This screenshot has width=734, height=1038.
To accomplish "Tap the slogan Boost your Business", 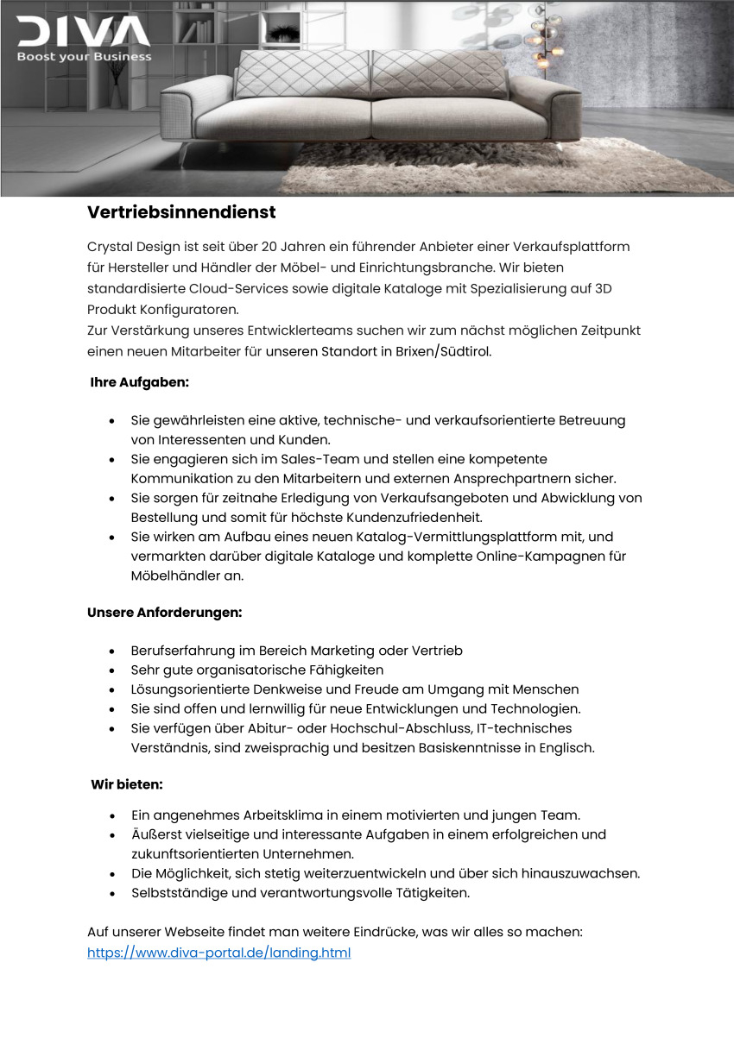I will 84,57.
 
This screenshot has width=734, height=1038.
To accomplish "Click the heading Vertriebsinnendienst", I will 181,211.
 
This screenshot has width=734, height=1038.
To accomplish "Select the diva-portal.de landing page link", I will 218,953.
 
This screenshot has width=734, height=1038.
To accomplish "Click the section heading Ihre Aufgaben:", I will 139,381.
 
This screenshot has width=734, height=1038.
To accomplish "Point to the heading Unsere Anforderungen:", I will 164,613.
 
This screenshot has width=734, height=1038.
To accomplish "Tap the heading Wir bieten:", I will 127,785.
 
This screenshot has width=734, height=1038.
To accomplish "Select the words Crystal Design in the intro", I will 130,247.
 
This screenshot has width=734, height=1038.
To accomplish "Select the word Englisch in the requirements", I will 567,748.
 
